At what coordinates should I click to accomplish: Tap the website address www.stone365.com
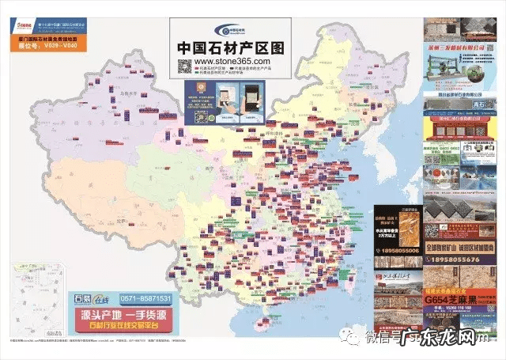click(232, 61)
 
